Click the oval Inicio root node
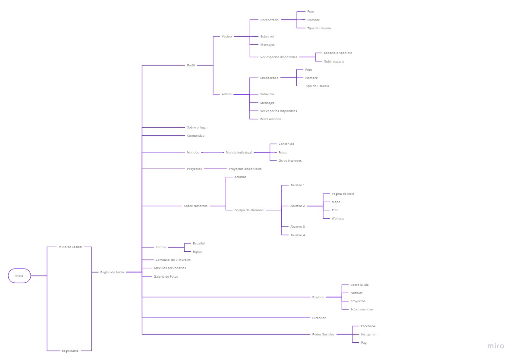tap(19, 275)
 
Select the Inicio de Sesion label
tap(70, 247)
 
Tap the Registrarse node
tap(70, 351)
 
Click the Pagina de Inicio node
tap(112, 272)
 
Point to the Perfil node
tap(191, 65)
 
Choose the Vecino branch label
tap(227, 36)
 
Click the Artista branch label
tap(227, 94)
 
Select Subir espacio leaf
tap(334, 61)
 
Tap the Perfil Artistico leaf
tap(271, 119)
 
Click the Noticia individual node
tap(239, 152)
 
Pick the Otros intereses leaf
tap(290, 160)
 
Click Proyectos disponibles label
tap(245, 169)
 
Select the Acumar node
tap(240, 177)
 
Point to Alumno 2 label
tap(297, 206)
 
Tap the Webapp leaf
tap(338, 218)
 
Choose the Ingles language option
tap(197, 251)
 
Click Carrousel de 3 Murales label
tap(173, 260)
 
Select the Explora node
tap(318, 297)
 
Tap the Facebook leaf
tap(368, 326)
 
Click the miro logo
tap(496, 346)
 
